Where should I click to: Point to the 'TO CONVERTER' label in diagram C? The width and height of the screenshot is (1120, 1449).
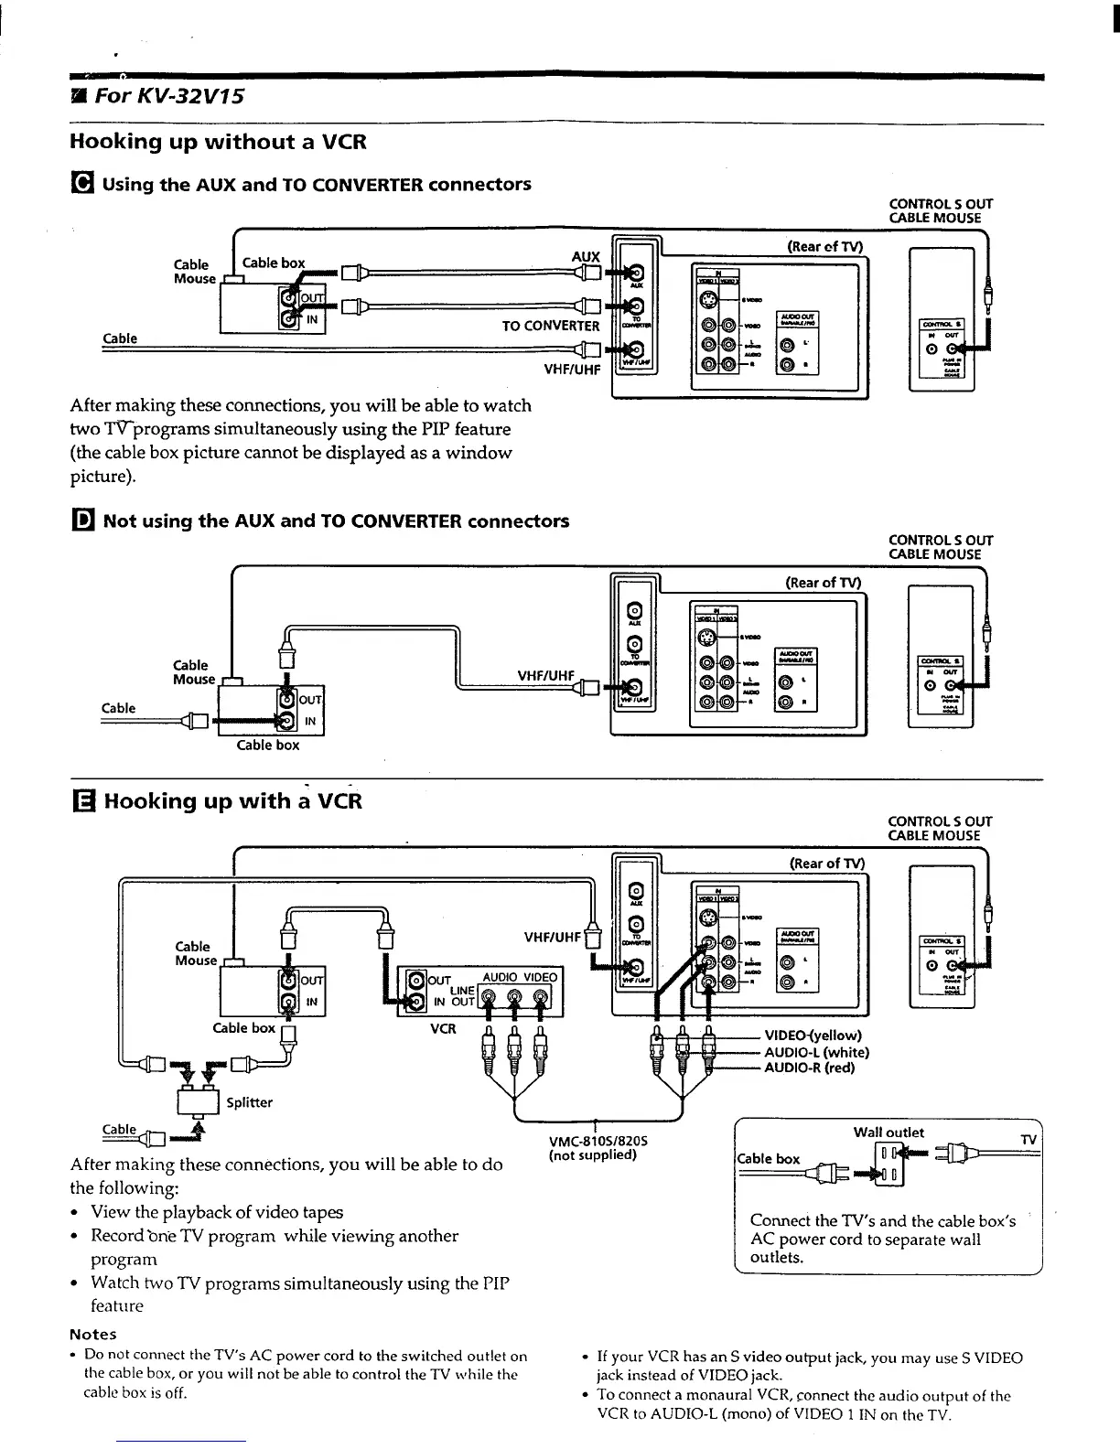(x=550, y=326)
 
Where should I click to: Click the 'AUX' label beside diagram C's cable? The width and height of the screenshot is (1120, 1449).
(x=585, y=257)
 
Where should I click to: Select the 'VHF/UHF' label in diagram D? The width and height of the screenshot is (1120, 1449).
(x=545, y=676)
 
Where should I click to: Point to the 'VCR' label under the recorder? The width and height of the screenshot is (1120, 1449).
(x=443, y=1028)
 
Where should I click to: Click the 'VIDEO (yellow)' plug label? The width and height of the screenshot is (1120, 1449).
(x=813, y=1036)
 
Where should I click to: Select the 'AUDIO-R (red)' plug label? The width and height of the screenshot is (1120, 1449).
(x=809, y=1068)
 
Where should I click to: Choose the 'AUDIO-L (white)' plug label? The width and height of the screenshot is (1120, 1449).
(x=816, y=1052)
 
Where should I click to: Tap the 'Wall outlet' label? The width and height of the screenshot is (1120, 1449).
(x=888, y=1132)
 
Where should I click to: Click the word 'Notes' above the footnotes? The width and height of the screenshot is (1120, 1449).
(x=93, y=1334)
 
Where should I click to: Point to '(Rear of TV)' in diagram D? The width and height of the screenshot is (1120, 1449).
(x=824, y=583)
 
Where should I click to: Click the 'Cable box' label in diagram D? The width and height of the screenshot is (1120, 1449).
(x=267, y=745)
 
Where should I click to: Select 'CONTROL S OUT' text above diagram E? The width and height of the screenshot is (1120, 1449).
(x=941, y=821)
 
